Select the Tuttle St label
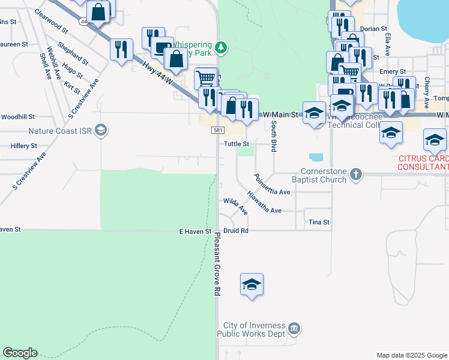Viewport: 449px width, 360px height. click(x=236, y=144)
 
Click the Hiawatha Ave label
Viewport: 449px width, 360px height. click(x=264, y=202)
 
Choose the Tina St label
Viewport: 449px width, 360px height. click(x=319, y=222)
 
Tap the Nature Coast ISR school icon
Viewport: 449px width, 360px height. click(x=101, y=130)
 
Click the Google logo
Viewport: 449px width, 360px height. click(x=20, y=353)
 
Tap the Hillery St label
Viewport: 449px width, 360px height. click(x=24, y=146)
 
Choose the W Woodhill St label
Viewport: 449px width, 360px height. click(x=18, y=117)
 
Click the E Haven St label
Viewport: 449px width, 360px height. click(x=196, y=231)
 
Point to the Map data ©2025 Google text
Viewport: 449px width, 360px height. click(x=411, y=355)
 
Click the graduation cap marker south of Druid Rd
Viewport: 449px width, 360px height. click(x=252, y=284)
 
